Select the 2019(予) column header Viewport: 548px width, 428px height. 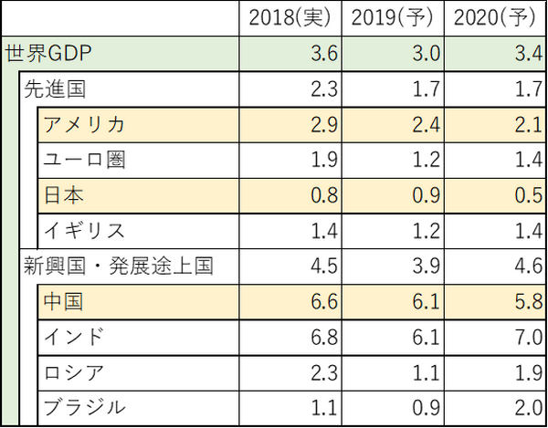click(x=390, y=18)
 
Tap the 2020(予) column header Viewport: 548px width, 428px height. click(x=493, y=18)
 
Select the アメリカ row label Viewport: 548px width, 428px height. click(x=83, y=124)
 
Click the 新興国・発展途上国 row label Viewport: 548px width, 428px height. click(x=119, y=266)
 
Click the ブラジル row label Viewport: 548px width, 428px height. click(x=83, y=407)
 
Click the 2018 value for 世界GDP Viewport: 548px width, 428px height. click(x=323, y=53)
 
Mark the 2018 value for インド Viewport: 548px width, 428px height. click(x=323, y=337)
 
